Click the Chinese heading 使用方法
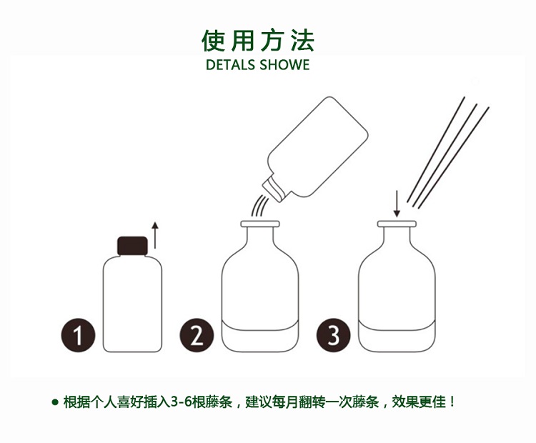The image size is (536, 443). [x=258, y=41]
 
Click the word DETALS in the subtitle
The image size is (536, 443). [x=230, y=65]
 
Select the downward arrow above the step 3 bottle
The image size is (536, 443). [x=397, y=203]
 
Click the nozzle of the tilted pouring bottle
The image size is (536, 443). [x=270, y=188]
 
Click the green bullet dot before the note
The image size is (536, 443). [x=55, y=402]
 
